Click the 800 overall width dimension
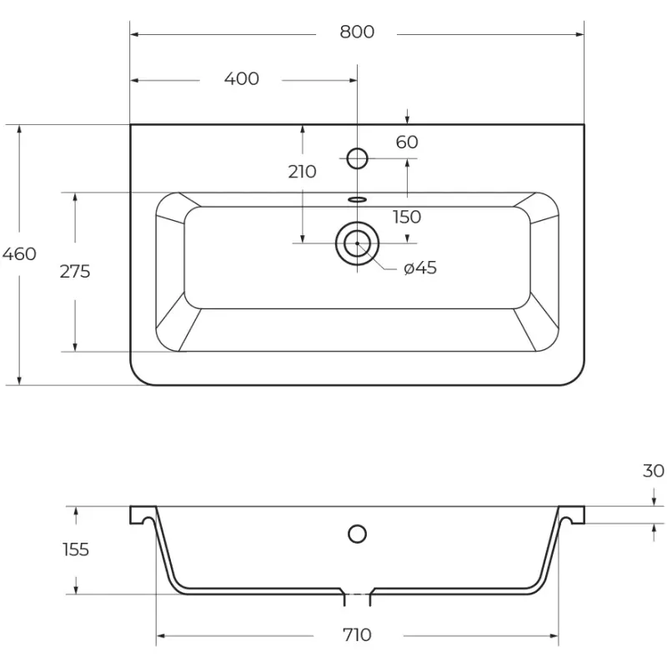[357, 32]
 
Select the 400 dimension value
[242, 78]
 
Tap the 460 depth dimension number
[19, 254]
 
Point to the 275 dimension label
[75, 272]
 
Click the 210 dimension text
[302, 172]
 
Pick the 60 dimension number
[407, 142]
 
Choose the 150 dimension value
[407, 217]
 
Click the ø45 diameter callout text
[420, 268]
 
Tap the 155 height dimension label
[76, 549]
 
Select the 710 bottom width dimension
[358, 635]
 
